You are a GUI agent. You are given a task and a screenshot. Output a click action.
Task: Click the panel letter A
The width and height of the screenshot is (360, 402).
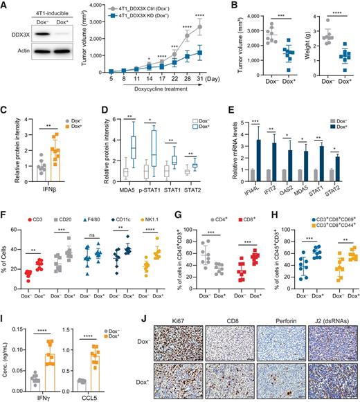(6, 6)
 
